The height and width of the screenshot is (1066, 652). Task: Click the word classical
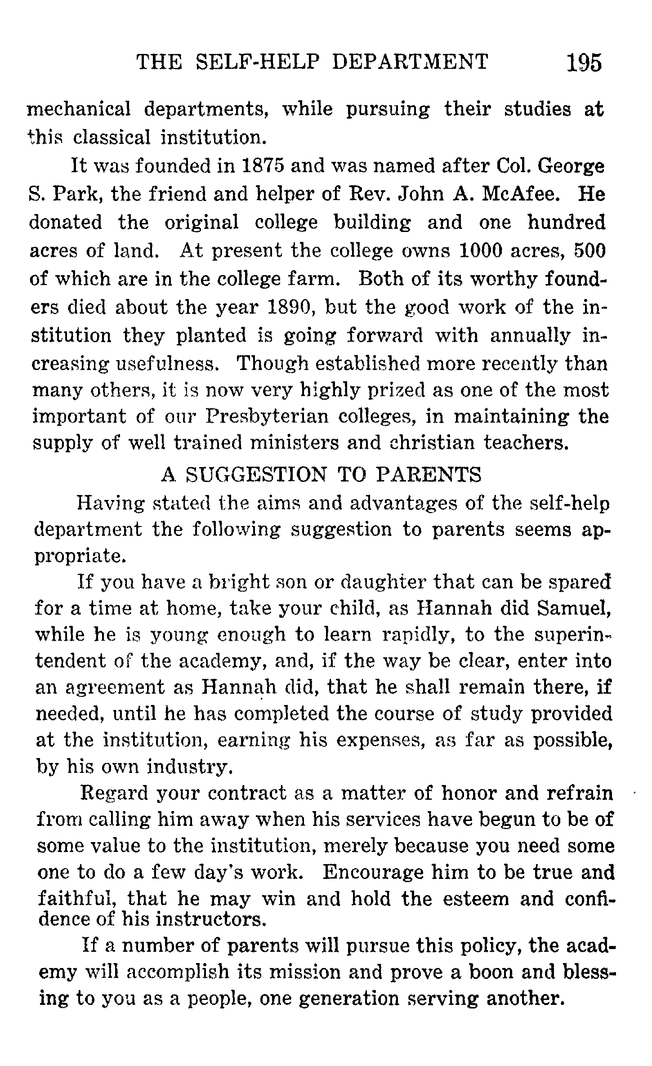112,137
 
